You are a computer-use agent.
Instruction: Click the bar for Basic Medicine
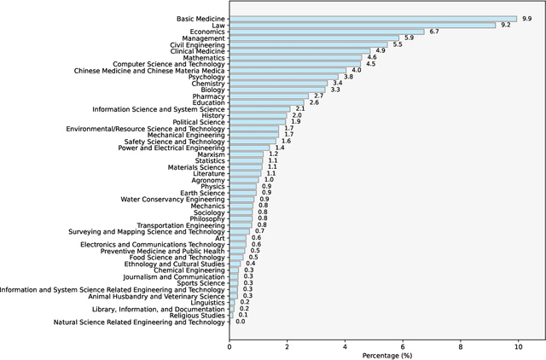click(x=373, y=18)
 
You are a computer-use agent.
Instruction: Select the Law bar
click(x=363, y=25)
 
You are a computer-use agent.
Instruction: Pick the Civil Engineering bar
click(x=309, y=44)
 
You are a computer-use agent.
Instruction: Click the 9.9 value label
click(x=526, y=18)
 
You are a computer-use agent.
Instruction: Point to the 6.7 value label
click(x=433, y=32)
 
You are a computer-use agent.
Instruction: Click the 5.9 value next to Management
click(x=409, y=38)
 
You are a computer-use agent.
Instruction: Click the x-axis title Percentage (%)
click(x=386, y=354)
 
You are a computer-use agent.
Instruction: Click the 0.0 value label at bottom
click(x=240, y=322)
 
